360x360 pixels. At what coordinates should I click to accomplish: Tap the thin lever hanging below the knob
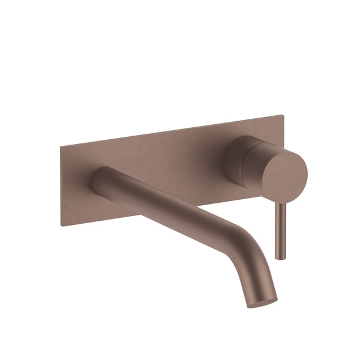pyautogui.click(x=278, y=231)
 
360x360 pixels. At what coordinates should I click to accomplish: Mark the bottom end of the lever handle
pyautogui.click(x=278, y=257)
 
